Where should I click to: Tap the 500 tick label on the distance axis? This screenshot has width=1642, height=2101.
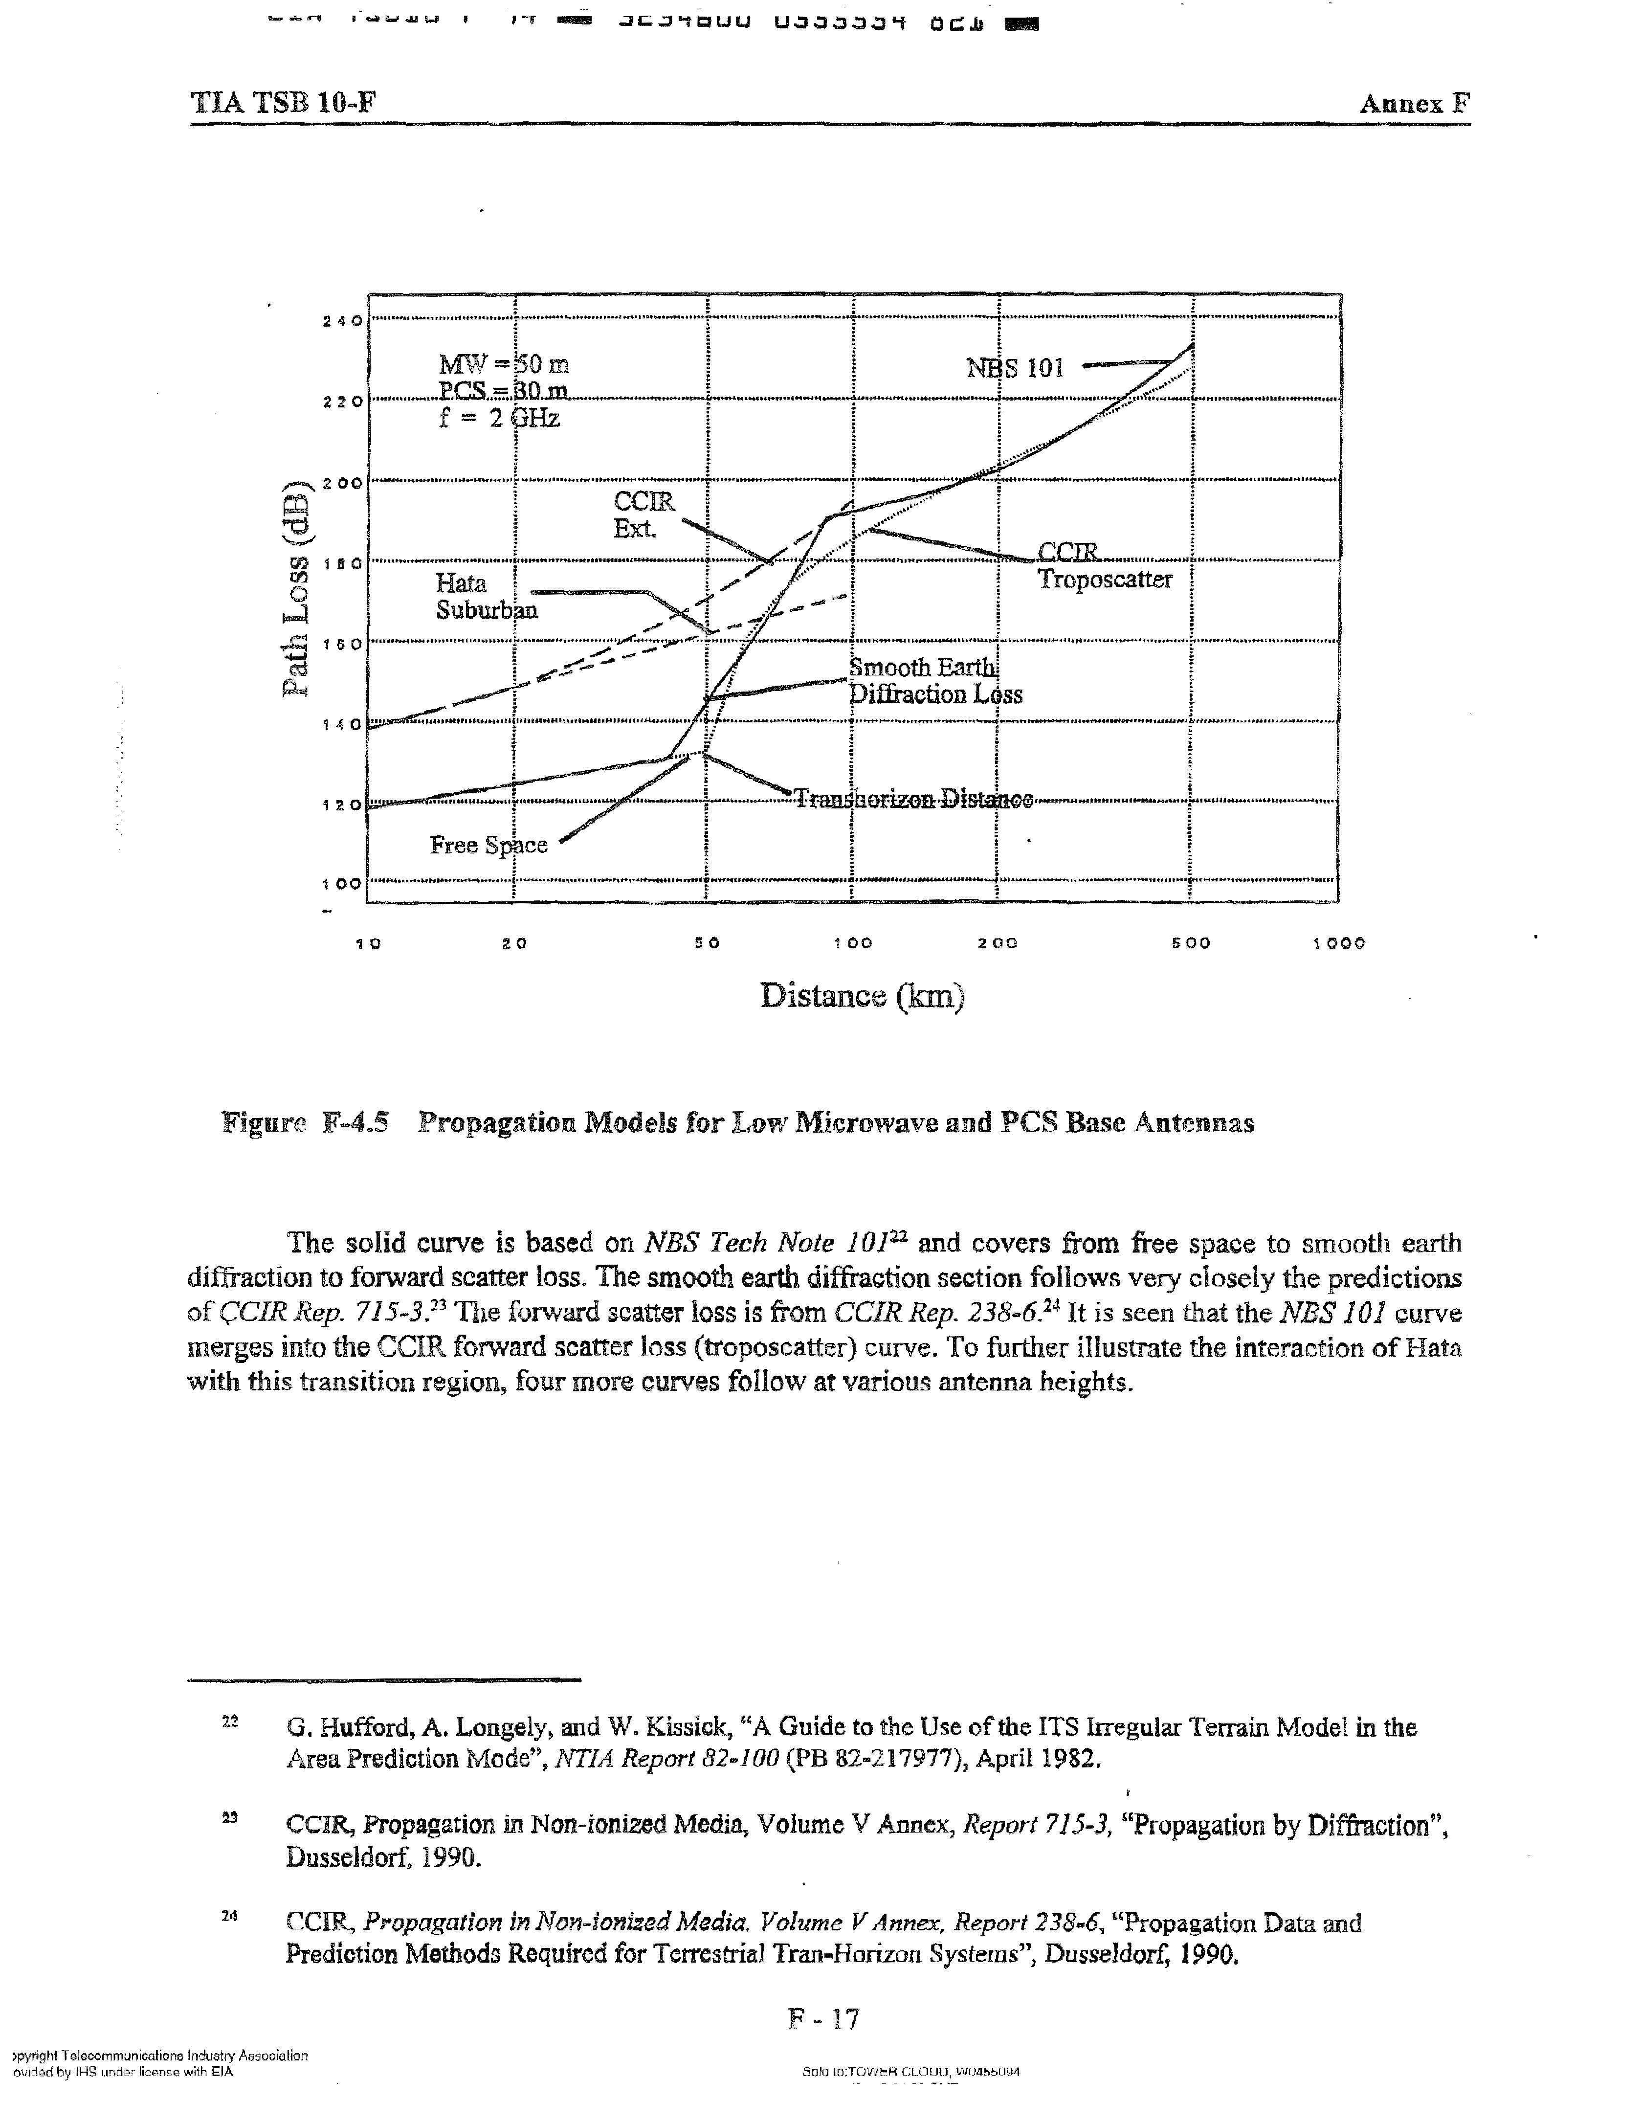click(x=1191, y=944)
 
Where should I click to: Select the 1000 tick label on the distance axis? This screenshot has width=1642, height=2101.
click(x=1339, y=944)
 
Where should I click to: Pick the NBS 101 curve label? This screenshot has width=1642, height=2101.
click(x=1015, y=368)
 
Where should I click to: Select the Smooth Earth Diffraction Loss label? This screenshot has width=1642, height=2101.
click(x=934, y=681)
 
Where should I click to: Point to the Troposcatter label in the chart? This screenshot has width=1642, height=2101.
click(x=1104, y=580)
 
